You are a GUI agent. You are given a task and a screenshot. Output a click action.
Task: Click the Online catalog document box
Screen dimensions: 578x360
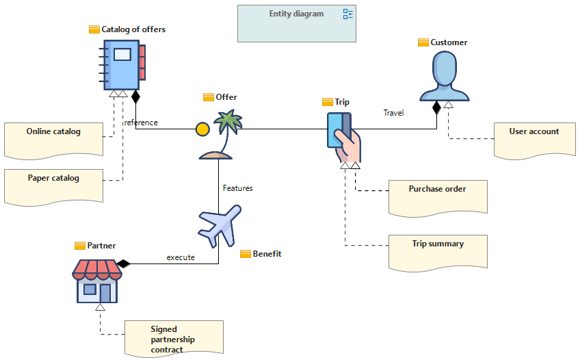click(x=53, y=141)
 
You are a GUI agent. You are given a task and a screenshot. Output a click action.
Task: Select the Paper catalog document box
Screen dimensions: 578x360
click(x=53, y=188)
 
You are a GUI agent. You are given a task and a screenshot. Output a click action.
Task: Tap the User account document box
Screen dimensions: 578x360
click(x=534, y=141)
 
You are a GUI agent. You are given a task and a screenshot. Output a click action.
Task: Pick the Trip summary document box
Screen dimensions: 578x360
click(x=438, y=253)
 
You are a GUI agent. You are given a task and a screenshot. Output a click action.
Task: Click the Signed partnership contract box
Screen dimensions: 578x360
click(x=174, y=339)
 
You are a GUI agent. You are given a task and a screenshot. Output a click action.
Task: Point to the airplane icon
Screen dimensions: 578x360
click(x=220, y=226)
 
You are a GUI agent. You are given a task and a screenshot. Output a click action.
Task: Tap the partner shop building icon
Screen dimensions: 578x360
click(x=97, y=281)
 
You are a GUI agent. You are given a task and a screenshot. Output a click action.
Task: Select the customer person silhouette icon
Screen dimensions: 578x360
click(x=445, y=76)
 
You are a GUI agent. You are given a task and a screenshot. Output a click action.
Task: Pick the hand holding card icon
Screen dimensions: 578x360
click(x=343, y=137)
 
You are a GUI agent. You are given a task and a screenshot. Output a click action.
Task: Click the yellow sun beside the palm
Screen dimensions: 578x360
click(x=202, y=129)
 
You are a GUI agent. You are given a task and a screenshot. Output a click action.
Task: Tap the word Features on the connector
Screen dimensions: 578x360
click(x=238, y=188)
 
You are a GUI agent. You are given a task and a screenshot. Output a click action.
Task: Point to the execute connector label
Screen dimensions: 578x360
click(x=181, y=257)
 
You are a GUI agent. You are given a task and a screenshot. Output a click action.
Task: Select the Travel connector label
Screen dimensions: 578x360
click(x=393, y=113)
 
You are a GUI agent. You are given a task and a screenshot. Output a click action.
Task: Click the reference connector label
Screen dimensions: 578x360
click(x=141, y=123)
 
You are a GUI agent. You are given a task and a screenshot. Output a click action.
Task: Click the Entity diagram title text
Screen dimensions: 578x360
click(x=296, y=14)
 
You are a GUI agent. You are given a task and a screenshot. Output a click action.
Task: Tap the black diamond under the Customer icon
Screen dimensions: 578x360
click(x=437, y=107)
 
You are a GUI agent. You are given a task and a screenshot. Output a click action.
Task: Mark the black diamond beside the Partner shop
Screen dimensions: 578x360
click(x=124, y=263)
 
